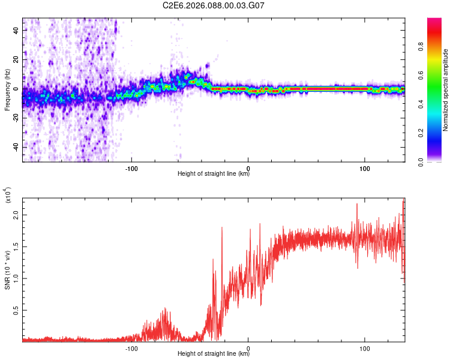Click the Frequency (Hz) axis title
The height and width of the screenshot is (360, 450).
coord(7,90)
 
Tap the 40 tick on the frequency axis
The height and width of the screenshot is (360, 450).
coord(16,29)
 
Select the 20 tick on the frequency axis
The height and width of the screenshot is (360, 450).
coord(16,59)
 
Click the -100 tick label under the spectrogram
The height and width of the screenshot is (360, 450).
coord(131,168)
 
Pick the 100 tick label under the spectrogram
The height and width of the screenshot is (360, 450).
coord(364,168)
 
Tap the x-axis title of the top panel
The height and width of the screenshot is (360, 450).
coord(214,174)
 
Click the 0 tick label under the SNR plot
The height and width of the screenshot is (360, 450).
coord(248,348)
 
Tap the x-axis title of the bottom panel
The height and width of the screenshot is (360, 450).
coord(214,354)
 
